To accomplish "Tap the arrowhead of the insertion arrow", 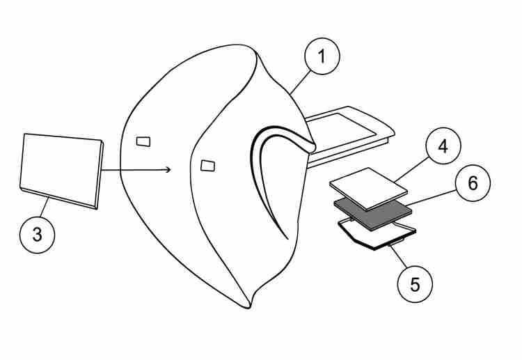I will [x=168, y=168].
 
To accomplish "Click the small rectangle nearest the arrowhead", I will [x=207, y=165].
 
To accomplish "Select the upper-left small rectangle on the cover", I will [x=143, y=142].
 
